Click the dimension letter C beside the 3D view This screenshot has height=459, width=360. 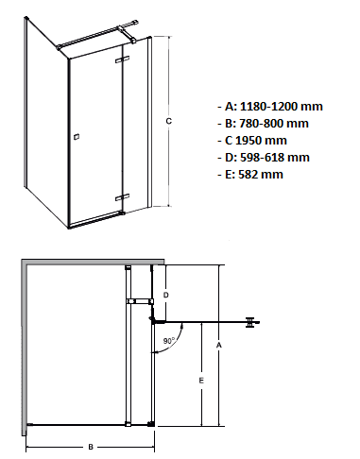pos(167,121)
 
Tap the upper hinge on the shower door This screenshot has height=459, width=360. pos(121,61)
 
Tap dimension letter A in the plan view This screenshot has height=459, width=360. pos(219,347)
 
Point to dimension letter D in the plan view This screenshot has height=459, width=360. pos(166,295)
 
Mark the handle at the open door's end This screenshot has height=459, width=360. pos(250,322)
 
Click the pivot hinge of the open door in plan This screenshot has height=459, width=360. pos(151,321)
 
